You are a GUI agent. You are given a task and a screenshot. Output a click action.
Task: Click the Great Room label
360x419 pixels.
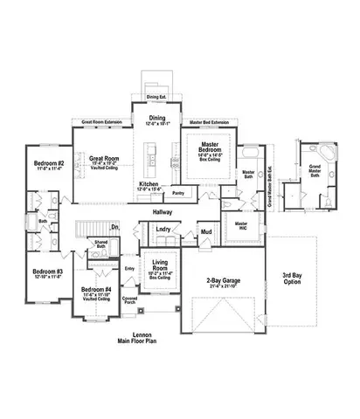click(x=103, y=158)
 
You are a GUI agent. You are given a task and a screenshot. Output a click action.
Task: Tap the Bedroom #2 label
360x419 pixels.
click(x=50, y=163)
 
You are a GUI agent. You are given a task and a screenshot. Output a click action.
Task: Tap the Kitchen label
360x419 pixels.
click(x=149, y=184)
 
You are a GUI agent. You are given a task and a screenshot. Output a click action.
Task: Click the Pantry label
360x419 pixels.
click(x=178, y=192)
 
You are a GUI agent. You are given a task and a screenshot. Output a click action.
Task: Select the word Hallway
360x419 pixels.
click(x=161, y=212)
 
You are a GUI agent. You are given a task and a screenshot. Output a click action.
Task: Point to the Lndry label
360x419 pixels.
click(x=163, y=230)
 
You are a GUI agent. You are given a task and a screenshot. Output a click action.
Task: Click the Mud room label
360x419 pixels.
click(x=206, y=232)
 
